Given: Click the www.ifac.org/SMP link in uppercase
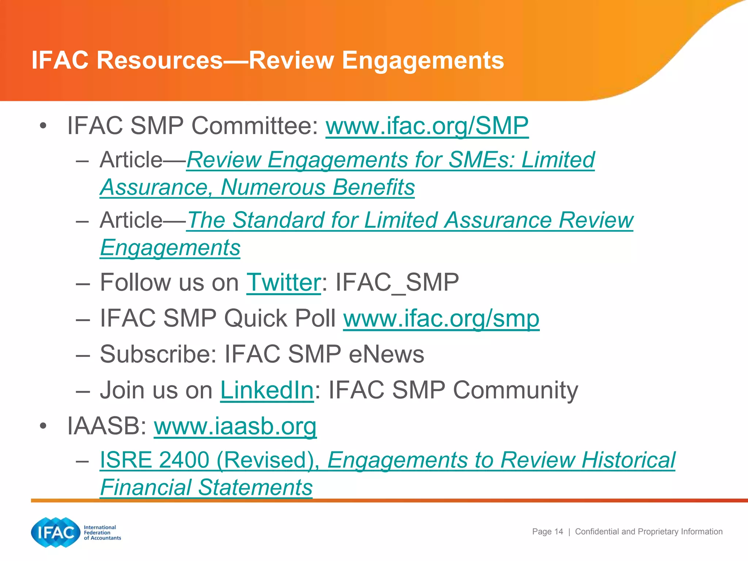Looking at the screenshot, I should [x=427, y=126].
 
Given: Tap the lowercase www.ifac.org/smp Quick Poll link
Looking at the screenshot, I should [x=441, y=319].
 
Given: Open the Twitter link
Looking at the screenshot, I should [x=283, y=283].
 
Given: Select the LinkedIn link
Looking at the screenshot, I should [x=267, y=390].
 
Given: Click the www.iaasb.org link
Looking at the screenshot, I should [x=235, y=426].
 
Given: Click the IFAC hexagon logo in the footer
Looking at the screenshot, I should [x=56, y=533].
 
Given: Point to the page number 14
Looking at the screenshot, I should [x=558, y=532].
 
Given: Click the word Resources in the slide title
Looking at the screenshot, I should [x=160, y=60].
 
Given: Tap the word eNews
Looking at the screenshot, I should [x=386, y=354].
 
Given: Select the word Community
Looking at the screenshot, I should [x=515, y=390].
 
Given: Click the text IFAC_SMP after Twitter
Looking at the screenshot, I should [x=397, y=283].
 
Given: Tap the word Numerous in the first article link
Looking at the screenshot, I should [x=273, y=188].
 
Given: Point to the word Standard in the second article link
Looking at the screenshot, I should [x=295, y=221].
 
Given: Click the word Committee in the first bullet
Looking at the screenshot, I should [x=255, y=126].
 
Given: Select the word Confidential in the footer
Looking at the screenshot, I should [x=597, y=532].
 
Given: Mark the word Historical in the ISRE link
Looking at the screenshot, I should [x=628, y=460].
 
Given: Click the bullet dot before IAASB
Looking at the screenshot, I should [x=43, y=426].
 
